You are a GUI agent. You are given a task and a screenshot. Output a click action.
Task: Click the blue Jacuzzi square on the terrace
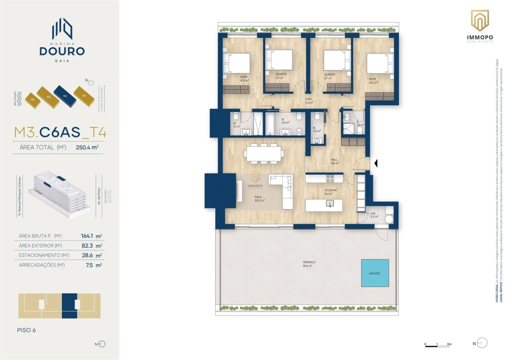[375, 272]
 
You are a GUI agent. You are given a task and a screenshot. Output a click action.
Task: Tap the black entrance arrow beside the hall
[376, 163]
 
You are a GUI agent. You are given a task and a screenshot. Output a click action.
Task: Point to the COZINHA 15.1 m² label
[330, 192]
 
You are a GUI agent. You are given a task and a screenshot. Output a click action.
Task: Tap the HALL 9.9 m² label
[334, 161]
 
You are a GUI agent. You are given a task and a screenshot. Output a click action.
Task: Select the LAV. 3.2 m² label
[373, 215]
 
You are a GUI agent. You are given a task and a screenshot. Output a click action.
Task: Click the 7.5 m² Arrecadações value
[94, 265]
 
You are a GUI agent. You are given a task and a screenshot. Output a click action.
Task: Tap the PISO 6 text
[27, 330]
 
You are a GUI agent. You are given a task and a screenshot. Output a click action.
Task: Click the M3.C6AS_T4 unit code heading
[60, 132]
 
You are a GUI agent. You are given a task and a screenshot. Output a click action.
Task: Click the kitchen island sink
[330, 203]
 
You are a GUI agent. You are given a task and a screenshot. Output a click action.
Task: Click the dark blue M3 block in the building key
[64, 95]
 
